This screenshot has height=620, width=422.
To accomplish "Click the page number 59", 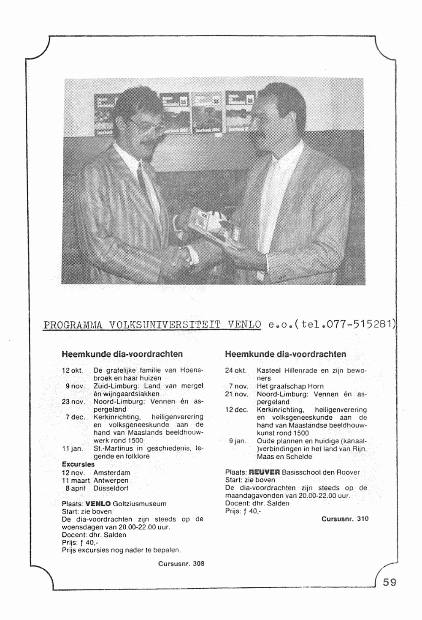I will click(390, 582).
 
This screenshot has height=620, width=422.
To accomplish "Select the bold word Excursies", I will click(78, 464).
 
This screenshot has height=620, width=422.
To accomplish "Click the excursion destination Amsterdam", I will click(111, 473).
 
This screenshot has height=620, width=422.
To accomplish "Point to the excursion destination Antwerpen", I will click(111, 481).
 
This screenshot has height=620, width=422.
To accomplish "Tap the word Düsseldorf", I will click(111, 488).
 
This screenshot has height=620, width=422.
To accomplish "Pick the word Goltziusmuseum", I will click(140, 504).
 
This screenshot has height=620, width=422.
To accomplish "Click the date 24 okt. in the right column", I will click(235, 370).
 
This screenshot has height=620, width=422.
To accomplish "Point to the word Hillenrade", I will click(301, 370).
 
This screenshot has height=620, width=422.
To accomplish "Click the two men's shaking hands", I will click(181, 256).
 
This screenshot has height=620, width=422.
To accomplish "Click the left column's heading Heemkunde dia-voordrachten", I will click(122, 353).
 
